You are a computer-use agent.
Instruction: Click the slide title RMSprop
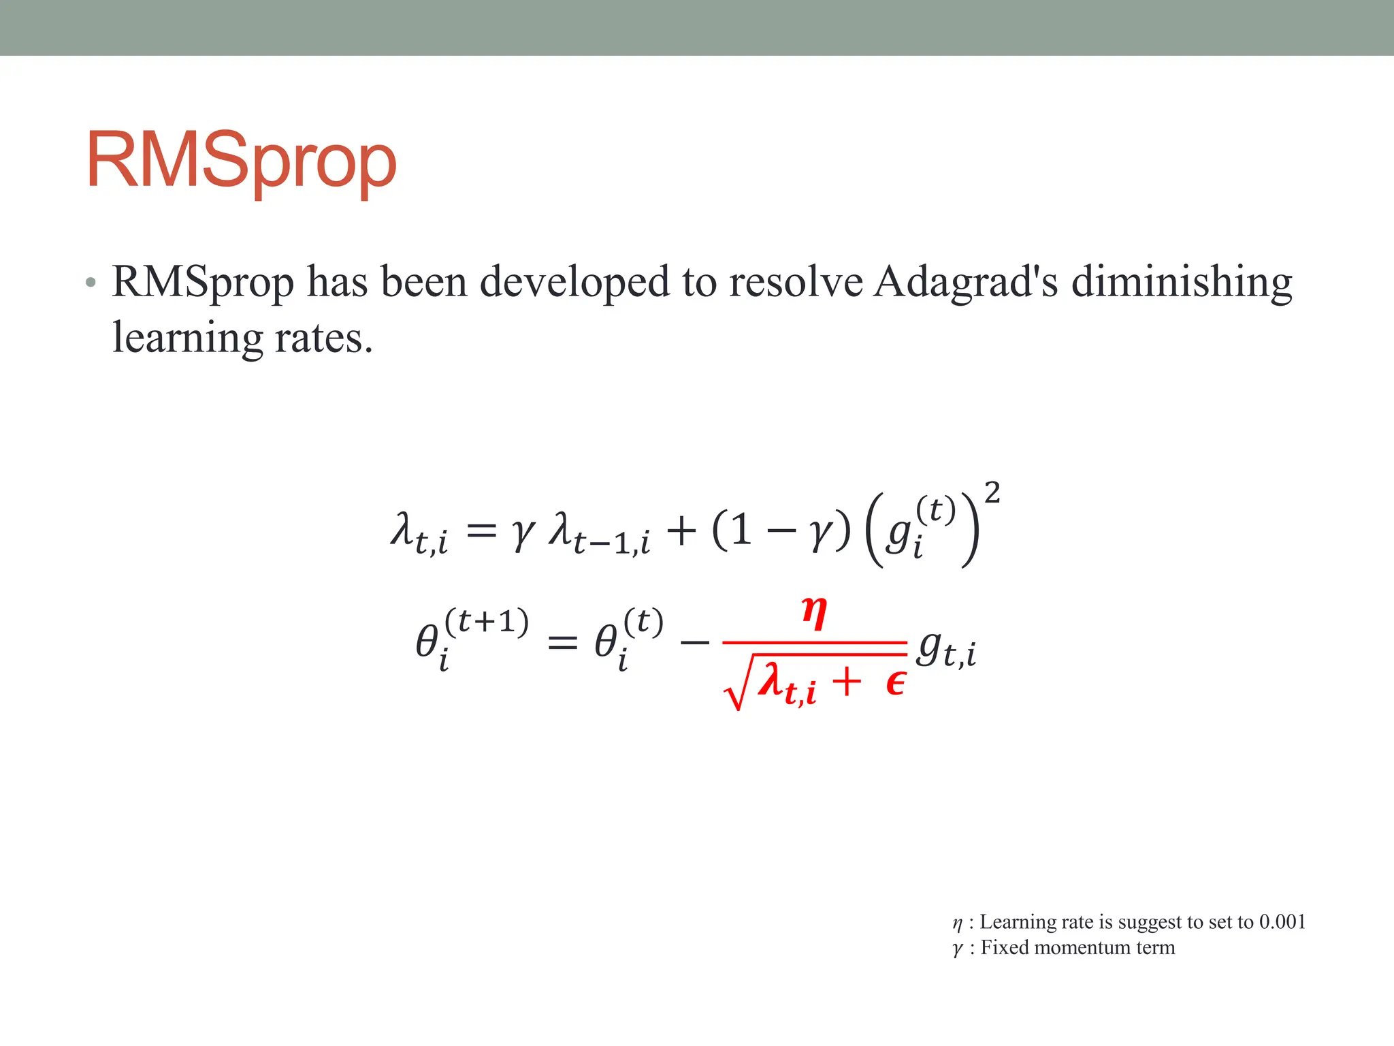click(241, 161)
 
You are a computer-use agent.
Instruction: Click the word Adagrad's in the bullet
click(966, 281)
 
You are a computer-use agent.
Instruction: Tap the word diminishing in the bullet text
click(1182, 281)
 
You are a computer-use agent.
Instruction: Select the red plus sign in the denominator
click(846, 682)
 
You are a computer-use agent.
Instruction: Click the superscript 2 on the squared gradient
click(992, 492)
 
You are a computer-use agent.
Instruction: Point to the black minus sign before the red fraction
click(694, 642)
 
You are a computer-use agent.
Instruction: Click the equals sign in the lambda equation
click(482, 530)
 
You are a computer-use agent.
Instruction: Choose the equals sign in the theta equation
click(562, 642)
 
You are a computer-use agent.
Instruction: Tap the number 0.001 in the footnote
click(1282, 922)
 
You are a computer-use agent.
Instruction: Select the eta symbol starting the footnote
click(957, 923)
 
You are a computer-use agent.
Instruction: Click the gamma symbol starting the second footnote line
click(958, 949)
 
